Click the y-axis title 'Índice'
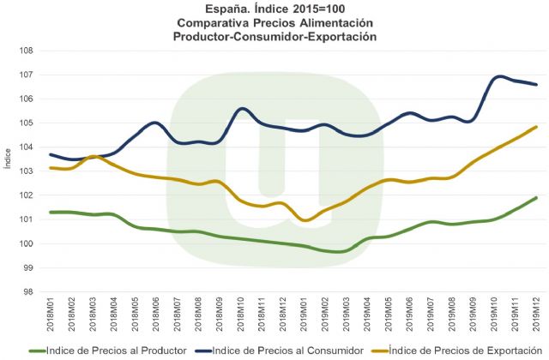point(8,171)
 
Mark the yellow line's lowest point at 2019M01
point(305,220)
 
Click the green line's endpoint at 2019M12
point(537,197)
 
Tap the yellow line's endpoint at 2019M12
point(537,127)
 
